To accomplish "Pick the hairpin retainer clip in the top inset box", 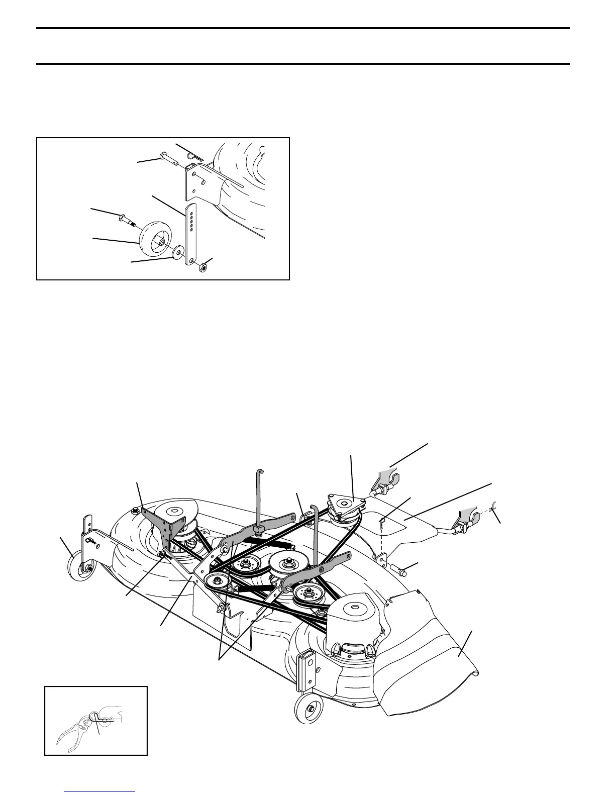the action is [194, 157].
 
